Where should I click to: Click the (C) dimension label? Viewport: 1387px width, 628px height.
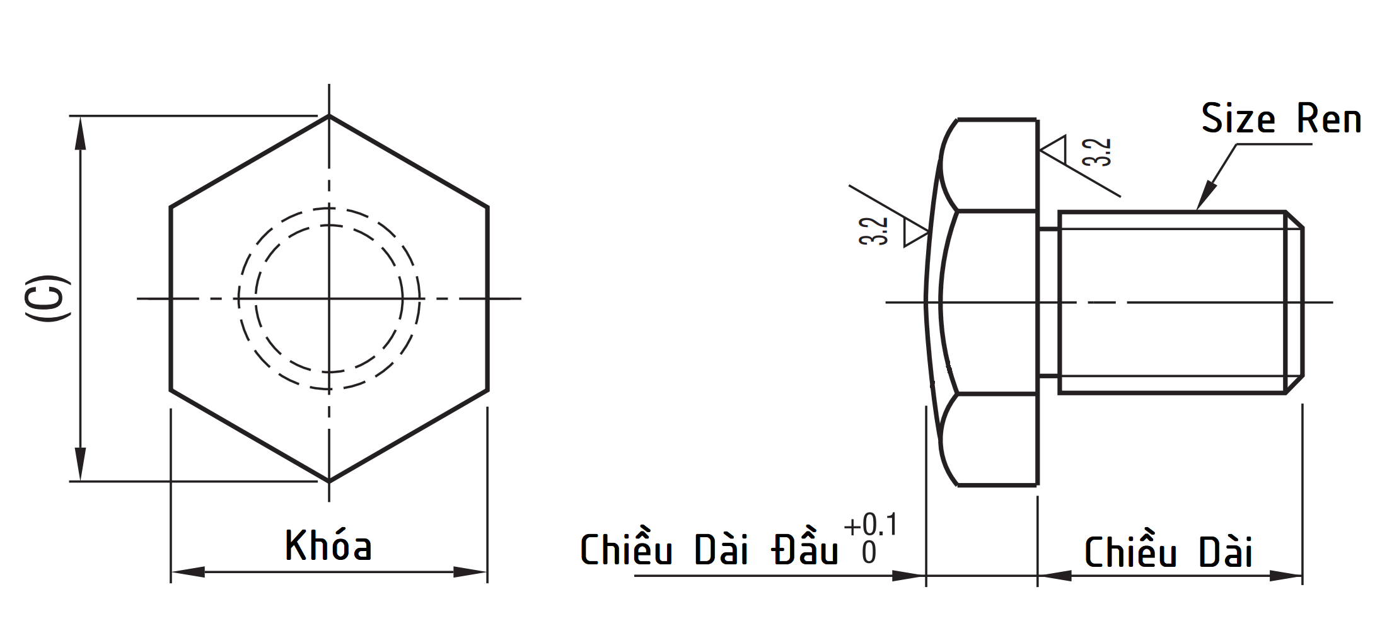click(x=47, y=298)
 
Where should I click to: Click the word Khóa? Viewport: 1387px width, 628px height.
click(x=328, y=546)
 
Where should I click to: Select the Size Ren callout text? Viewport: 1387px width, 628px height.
click(x=1280, y=119)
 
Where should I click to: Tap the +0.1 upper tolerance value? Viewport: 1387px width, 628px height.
click(x=870, y=525)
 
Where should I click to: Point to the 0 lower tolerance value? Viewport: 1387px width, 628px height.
click(x=869, y=553)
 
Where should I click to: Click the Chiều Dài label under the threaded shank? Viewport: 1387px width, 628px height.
click(x=1168, y=552)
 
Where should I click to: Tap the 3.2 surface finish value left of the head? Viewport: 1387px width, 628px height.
click(x=874, y=231)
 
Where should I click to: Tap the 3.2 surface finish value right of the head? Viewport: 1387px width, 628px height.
click(x=1097, y=152)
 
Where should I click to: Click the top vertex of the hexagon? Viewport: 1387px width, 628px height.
click(x=328, y=115)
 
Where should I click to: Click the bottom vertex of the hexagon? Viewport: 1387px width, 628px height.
click(x=328, y=482)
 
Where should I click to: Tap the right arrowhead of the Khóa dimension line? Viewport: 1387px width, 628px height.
click(x=471, y=573)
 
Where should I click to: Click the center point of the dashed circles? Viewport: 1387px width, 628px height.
click(x=328, y=298)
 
